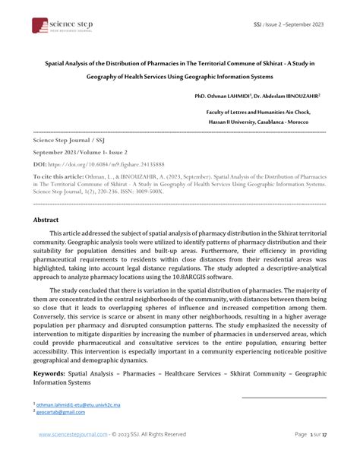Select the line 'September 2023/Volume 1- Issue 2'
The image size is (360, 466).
77,152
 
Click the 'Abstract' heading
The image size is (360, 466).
46,219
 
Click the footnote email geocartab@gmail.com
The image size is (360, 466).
58,413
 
